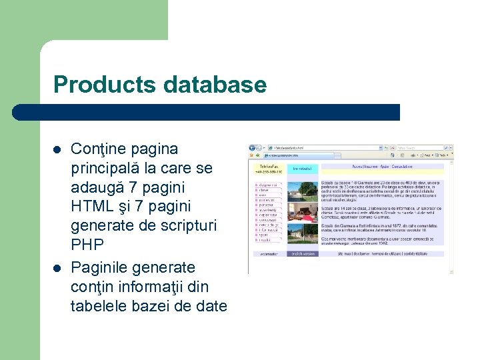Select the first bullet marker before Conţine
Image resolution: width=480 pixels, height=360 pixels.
tap(58, 149)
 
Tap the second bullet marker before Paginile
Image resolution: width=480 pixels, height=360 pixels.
tap(58, 268)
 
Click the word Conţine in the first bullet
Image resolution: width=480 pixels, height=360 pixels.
tap(97, 149)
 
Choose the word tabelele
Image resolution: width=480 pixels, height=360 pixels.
tap(97, 307)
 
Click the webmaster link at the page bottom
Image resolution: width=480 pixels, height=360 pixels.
tap(269, 254)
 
